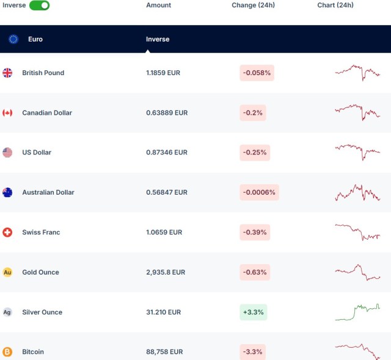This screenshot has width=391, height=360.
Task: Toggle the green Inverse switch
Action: tap(39, 5)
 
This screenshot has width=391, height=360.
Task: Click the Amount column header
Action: tap(159, 5)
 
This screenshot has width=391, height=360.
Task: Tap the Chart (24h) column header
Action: tap(335, 5)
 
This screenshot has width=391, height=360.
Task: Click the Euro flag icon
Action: tap(13, 39)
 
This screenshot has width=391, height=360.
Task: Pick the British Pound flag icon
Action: tap(7, 73)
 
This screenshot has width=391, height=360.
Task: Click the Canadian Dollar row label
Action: tap(47, 113)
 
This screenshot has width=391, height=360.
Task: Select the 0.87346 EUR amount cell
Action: tap(167, 153)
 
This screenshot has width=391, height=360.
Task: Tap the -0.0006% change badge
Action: tap(259, 192)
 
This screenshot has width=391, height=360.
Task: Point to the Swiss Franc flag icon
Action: tap(7, 232)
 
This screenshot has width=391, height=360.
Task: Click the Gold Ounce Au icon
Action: tap(7, 272)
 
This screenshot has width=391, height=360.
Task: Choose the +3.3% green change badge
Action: tap(253, 312)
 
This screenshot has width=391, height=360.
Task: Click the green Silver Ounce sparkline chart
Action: tap(357, 311)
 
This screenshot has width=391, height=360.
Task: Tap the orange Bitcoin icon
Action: tap(7, 352)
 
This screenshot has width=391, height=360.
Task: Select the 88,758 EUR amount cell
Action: tap(164, 352)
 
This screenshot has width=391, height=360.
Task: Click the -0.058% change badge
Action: tap(257, 73)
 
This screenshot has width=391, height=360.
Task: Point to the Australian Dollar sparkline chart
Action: tap(357, 193)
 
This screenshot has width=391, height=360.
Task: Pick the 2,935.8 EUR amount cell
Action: tap(166, 272)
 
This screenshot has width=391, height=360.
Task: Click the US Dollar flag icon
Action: tap(7, 153)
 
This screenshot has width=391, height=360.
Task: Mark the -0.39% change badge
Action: tap(255, 232)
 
